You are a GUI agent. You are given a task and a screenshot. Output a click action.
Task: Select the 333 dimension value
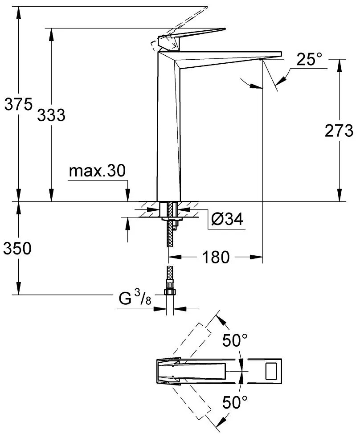click(51, 115)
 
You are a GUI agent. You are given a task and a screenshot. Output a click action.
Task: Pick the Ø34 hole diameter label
click(228, 219)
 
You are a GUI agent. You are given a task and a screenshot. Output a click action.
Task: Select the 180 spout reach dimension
click(216, 257)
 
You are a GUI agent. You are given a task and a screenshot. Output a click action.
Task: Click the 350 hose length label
click(17, 249)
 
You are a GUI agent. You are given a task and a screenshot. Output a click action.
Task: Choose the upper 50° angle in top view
click(235, 342)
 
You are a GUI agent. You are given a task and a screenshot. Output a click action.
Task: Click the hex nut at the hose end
click(170, 292)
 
